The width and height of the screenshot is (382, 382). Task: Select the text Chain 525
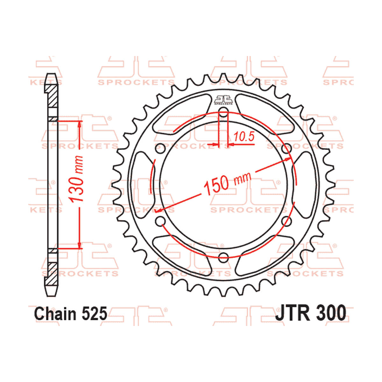coord(70,314)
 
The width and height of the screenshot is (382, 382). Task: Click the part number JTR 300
coord(310,314)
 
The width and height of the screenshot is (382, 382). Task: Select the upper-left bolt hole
coord(160,148)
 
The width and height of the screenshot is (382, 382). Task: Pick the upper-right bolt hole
coord(287,148)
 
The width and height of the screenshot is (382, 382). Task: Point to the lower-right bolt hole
coord(287,221)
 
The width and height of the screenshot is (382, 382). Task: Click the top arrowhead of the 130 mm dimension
coord(79,124)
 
